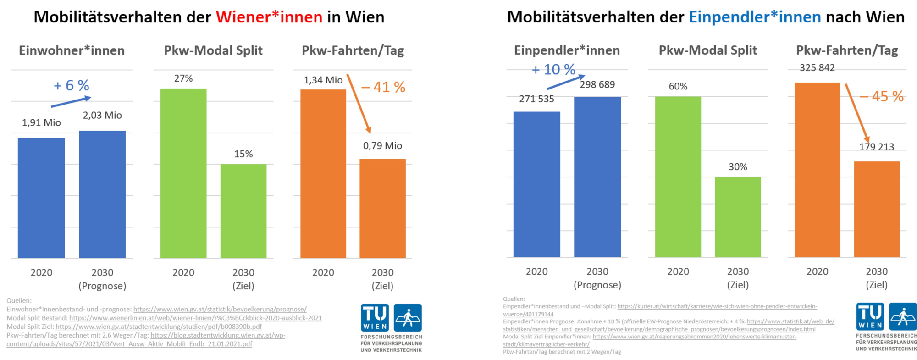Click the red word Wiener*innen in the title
[269, 17]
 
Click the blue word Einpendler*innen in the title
[755, 17]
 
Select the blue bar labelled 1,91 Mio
[41, 198]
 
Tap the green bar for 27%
[183, 173]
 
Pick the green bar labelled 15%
[243, 211]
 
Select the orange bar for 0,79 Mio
[382, 209]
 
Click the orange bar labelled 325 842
[817, 170]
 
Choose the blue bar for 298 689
[597, 177]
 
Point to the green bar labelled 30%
[738, 217]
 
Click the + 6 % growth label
[72, 85]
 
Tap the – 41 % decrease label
[383, 87]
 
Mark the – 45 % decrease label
[882, 96]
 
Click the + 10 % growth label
[553, 70]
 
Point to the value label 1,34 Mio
[323, 80]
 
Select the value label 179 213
[877, 147]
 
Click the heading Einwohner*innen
[72, 50]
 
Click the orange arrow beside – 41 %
[359, 104]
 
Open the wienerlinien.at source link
[196, 318]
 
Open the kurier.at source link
[717, 306]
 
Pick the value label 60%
[678, 86]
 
